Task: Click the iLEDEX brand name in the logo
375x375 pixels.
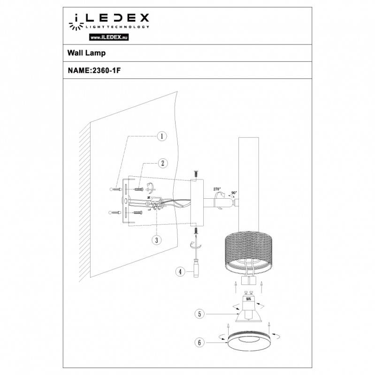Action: (111, 19)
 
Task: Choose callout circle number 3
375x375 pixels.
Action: (156, 239)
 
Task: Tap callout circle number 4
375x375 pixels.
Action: (179, 271)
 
